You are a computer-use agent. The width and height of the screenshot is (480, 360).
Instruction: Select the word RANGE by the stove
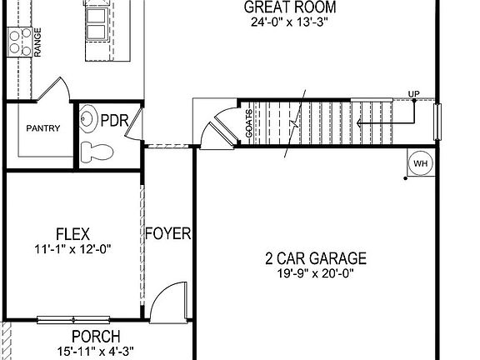pos(38,42)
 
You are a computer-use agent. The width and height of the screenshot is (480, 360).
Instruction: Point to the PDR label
pos(114,120)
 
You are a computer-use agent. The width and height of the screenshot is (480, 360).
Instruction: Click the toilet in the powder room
pos(98,152)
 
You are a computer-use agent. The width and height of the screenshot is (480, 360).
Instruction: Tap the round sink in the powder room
pos(87,119)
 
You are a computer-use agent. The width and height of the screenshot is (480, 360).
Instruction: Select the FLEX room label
pos(72,233)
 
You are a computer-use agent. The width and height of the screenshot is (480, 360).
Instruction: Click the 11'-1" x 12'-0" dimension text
pos(72,248)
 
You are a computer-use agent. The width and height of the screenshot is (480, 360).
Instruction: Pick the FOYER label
pos(167,233)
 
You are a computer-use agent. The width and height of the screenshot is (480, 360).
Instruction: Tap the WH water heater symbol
pos(420,163)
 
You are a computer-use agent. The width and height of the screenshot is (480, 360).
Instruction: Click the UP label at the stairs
pos(413,92)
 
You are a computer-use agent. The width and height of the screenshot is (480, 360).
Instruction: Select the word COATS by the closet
pos(249,122)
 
